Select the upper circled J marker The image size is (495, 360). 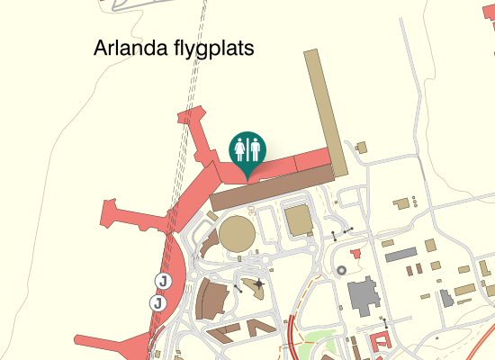pos(163,281)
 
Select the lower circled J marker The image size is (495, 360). pos(157,303)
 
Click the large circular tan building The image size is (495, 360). pos(238,233)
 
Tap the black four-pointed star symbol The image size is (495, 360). pos(259,284)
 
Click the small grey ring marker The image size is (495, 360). pos(341,270)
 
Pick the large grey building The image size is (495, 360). pos(364,296)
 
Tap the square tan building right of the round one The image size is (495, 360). pos(297,219)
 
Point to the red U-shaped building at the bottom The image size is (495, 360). pos(382,343)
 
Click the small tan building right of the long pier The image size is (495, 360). pos(362,147)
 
